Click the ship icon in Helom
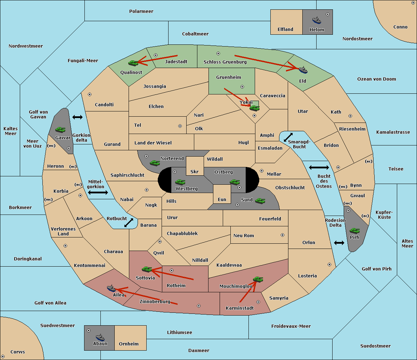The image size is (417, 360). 317,20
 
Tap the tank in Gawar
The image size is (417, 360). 60,129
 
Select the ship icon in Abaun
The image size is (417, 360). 100,337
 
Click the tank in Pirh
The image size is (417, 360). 354,231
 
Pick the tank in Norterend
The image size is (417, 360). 155,163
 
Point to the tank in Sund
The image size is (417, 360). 260,201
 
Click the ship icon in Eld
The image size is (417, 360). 303,70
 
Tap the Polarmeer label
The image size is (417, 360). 141,11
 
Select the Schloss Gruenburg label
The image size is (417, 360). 225,62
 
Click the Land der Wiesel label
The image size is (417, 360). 153,143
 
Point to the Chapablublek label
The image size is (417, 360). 182,233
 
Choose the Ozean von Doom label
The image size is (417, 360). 377,79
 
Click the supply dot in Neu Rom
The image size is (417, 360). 283,235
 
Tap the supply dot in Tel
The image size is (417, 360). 180,126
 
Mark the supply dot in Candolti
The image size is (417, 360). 90,94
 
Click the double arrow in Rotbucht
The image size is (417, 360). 129,223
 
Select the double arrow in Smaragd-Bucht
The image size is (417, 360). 288,137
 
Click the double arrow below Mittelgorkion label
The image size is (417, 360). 98,192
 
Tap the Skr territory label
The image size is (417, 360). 195,171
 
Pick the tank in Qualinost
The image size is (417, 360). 133,63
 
